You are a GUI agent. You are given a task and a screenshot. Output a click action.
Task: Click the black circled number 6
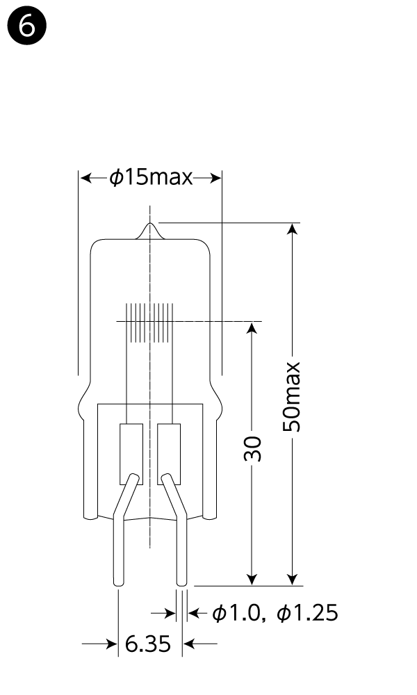(27, 26)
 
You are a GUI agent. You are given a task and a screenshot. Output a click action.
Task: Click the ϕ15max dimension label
(151, 178)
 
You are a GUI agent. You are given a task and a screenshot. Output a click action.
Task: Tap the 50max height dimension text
(292, 397)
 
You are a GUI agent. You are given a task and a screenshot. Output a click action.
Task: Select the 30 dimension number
(252, 448)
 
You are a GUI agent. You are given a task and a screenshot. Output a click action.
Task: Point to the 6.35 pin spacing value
(148, 644)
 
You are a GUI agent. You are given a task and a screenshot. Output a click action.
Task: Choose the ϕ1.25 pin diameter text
(307, 614)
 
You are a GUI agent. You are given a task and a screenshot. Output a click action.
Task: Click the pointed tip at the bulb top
(150, 223)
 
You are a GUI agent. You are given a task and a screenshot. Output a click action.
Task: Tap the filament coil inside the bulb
(149, 323)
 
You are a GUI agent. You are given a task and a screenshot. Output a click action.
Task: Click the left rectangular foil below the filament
(131, 454)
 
